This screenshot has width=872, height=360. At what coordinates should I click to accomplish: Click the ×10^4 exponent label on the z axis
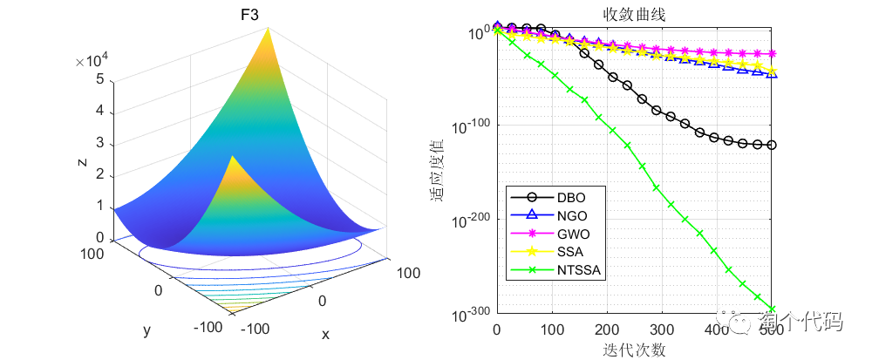pos(92,60)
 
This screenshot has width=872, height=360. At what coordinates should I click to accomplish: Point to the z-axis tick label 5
pos(101,79)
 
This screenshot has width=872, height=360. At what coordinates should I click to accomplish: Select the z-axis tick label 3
pos(101,143)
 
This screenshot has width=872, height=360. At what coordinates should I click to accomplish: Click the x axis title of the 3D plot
pos(325,334)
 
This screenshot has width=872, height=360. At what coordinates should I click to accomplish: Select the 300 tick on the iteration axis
pos(663,329)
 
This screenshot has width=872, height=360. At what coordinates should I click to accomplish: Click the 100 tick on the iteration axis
pos(552,329)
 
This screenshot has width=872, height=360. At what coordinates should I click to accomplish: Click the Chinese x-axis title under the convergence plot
pos(634,349)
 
